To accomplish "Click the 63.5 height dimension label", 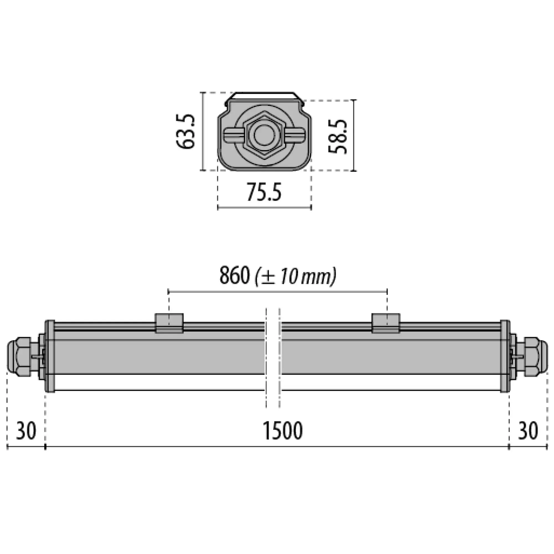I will click(185, 131).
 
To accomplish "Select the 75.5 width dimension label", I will click(264, 192).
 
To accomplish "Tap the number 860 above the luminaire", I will click(234, 276).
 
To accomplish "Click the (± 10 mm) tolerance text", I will click(295, 276).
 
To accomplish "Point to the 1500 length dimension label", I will click(283, 430).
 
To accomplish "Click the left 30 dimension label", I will click(26, 431).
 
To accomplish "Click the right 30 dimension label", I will click(528, 431).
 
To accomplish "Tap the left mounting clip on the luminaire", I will click(169, 323).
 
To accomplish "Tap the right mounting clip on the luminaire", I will click(386, 323).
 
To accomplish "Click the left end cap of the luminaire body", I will click(50, 356).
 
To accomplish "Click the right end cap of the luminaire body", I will click(505, 356).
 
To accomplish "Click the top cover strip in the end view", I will click(264, 96).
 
